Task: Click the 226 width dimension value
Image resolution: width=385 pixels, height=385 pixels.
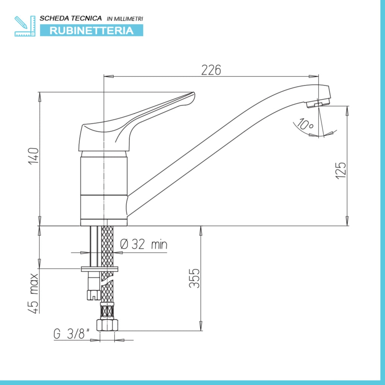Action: point(211,70)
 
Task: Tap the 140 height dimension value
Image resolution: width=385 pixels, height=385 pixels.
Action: point(33,156)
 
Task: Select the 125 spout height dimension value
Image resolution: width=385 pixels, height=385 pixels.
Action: point(341,170)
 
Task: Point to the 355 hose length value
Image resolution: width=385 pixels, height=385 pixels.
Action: point(194,278)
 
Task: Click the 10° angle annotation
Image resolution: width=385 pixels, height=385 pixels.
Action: point(305,124)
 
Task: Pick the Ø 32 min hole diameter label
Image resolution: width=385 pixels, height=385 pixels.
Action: point(144,244)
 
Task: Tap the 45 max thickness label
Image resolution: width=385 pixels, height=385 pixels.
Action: point(33,293)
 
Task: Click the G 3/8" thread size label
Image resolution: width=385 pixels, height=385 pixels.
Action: point(71,334)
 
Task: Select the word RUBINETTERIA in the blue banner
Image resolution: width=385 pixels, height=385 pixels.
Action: point(92,31)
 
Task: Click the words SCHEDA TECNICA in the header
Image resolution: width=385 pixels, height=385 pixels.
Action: point(71,18)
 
